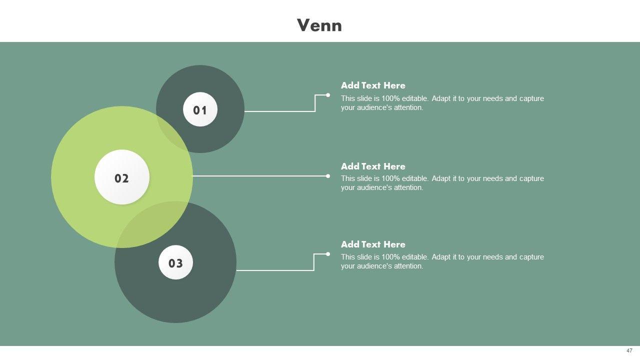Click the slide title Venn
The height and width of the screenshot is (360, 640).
point(319,25)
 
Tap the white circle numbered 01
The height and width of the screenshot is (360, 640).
point(200,109)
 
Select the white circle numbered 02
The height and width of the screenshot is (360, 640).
point(122,177)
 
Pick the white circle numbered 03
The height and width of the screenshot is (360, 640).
point(175,262)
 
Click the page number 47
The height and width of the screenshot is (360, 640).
point(629,350)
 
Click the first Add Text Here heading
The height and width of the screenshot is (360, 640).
point(373,85)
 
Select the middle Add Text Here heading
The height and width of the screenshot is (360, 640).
point(373,166)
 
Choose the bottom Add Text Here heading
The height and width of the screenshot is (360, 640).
point(373,244)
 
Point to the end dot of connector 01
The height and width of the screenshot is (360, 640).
point(328,95)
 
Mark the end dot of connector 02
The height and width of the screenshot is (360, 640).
point(328,176)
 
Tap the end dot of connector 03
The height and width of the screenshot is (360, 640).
point(328,254)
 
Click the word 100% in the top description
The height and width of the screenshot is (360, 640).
point(390,98)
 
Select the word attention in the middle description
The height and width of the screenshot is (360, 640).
point(407,187)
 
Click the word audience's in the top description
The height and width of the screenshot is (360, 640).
point(372,107)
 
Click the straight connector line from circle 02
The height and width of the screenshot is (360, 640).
point(260,176)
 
